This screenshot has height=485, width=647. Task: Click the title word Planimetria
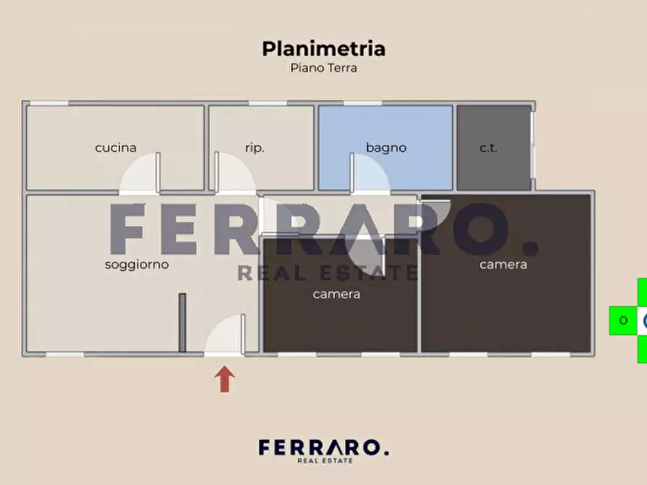pos(323,48)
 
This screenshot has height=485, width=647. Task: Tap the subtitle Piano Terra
pos(323,68)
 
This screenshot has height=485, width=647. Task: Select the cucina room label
pos(116,148)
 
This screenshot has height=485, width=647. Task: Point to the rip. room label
pos(254,148)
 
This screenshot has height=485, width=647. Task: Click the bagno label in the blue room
pos(385,148)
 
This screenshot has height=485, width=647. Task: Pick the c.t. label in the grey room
pos(488,148)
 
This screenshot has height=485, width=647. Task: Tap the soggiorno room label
pos(136,264)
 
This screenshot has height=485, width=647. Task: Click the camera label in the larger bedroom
pos(503,264)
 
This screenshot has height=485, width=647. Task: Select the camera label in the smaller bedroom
pos(336,294)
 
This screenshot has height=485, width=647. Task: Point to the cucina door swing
pos(140,176)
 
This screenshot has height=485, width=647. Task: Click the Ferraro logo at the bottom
pos(323,450)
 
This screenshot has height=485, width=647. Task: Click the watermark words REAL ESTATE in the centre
pos(327,273)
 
